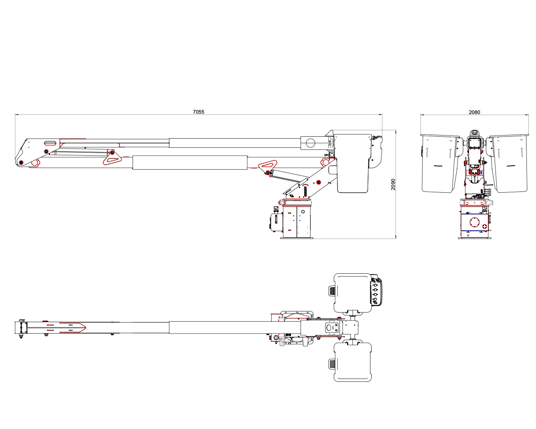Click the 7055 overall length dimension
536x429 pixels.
pos(199,112)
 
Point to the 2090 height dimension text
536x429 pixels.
pos(393,184)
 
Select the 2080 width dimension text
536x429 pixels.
pos(474,112)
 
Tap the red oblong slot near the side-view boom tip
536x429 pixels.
pos(50,143)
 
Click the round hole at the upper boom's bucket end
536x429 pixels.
pos(310,143)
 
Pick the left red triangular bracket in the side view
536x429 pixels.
pos(112,159)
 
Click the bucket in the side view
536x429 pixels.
pos(353,163)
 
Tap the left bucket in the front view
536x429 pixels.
pos(440,163)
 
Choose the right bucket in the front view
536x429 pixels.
pos(509,163)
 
